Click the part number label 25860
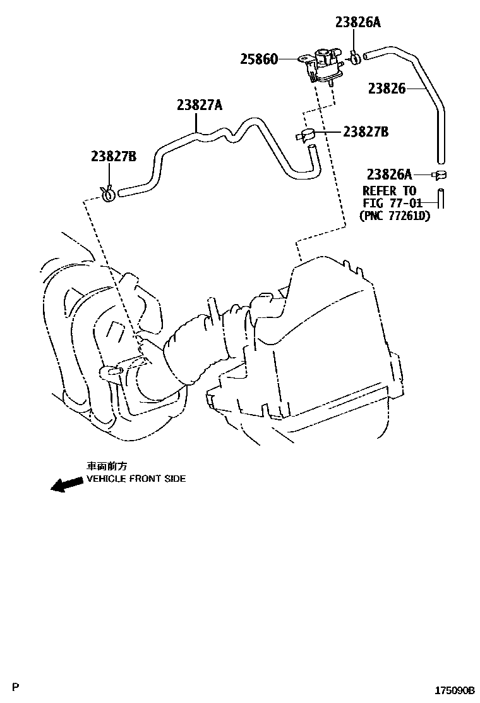(x=258, y=59)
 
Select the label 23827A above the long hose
(x=199, y=106)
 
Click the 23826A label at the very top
(x=357, y=22)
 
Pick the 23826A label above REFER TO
(x=390, y=173)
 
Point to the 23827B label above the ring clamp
(x=113, y=157)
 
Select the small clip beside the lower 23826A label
(x=440, y=174)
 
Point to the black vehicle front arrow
(x=66, y=484)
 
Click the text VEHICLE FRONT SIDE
(x=136, y=479)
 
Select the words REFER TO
(x=389, y=191)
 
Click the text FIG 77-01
(x=392, y=203)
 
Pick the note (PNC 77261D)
(x=393, y=215)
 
